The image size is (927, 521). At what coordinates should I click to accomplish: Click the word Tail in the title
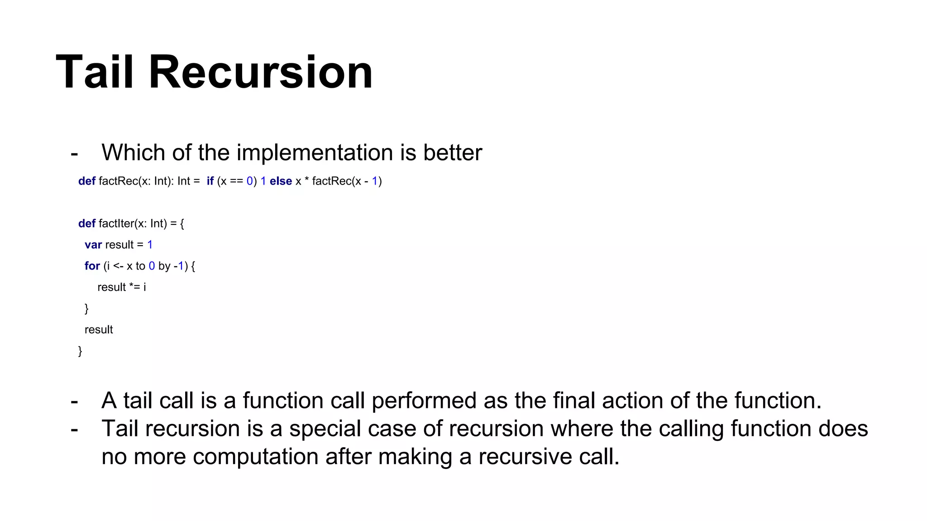tap(95, 72)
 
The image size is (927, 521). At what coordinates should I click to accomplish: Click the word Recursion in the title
tap(260, 72)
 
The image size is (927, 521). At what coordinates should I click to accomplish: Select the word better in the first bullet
tap(452, 152)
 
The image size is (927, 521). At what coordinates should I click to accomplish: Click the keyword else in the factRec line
tap(281, 181)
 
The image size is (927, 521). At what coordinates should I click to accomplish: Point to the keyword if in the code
tap(210, 181)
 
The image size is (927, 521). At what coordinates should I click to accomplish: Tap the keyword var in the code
tap(93, 245)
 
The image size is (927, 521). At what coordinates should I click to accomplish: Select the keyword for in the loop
tap(92, 266)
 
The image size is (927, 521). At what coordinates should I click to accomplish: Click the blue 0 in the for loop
tap(152, 266)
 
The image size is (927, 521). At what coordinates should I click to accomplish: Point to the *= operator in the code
tap(134, 287)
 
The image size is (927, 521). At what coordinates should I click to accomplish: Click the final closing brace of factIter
tap(80, 351)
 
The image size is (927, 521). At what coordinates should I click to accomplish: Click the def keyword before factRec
tap(86, 181)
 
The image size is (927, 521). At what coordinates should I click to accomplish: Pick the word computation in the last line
tap(255, 457)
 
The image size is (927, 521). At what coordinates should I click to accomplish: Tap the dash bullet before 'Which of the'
tap(74, 153)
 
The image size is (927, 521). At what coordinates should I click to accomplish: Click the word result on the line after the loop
tap(99, 330)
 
